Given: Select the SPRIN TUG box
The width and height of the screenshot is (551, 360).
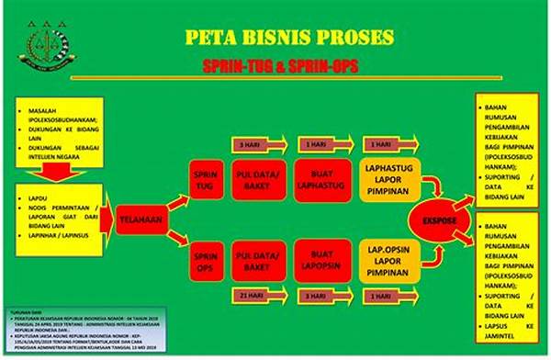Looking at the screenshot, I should [x=203, y=179].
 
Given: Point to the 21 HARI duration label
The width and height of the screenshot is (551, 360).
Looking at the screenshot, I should [x=251, y=296].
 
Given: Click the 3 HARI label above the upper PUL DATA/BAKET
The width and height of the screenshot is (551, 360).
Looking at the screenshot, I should [x=251, y=145].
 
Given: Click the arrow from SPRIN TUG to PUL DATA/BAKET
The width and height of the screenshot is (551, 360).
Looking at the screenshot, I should [x=226, y=178].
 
